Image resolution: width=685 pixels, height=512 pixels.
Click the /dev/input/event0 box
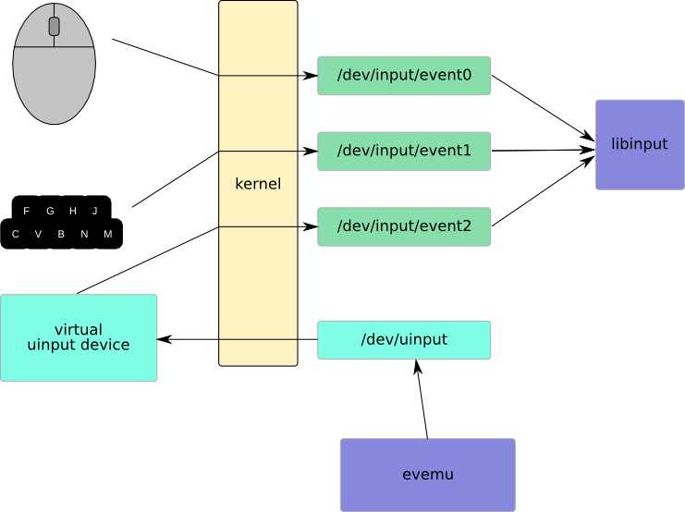click(x=404, y=76)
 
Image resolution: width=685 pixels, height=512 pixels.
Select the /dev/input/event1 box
click(x=404, y=151)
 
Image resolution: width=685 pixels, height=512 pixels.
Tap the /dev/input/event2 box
click(x=404, y=226)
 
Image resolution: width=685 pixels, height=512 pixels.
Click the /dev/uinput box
click(x=404, y=340)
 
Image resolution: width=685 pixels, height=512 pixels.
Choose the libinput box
click(x=640, y=144)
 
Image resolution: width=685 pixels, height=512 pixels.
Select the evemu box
click(x=427, y=475)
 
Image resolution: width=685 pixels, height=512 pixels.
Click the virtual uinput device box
click(x=79, y=338)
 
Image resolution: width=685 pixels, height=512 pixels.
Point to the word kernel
click(x=258, y=184)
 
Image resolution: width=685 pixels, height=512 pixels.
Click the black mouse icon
click(x=54, y=65)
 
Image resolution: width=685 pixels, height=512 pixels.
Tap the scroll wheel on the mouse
click(x=54, y=27)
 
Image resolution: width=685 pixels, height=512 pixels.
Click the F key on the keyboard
click(x=27, y=211)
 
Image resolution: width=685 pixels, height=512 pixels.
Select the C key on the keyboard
click(x=16, y=235)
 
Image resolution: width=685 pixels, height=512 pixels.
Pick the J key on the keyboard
click(x=95, y=211)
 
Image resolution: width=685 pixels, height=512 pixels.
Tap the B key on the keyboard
click(x=61, y=235)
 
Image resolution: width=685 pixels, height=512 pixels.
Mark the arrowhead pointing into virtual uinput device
click(x=164, y=340)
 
